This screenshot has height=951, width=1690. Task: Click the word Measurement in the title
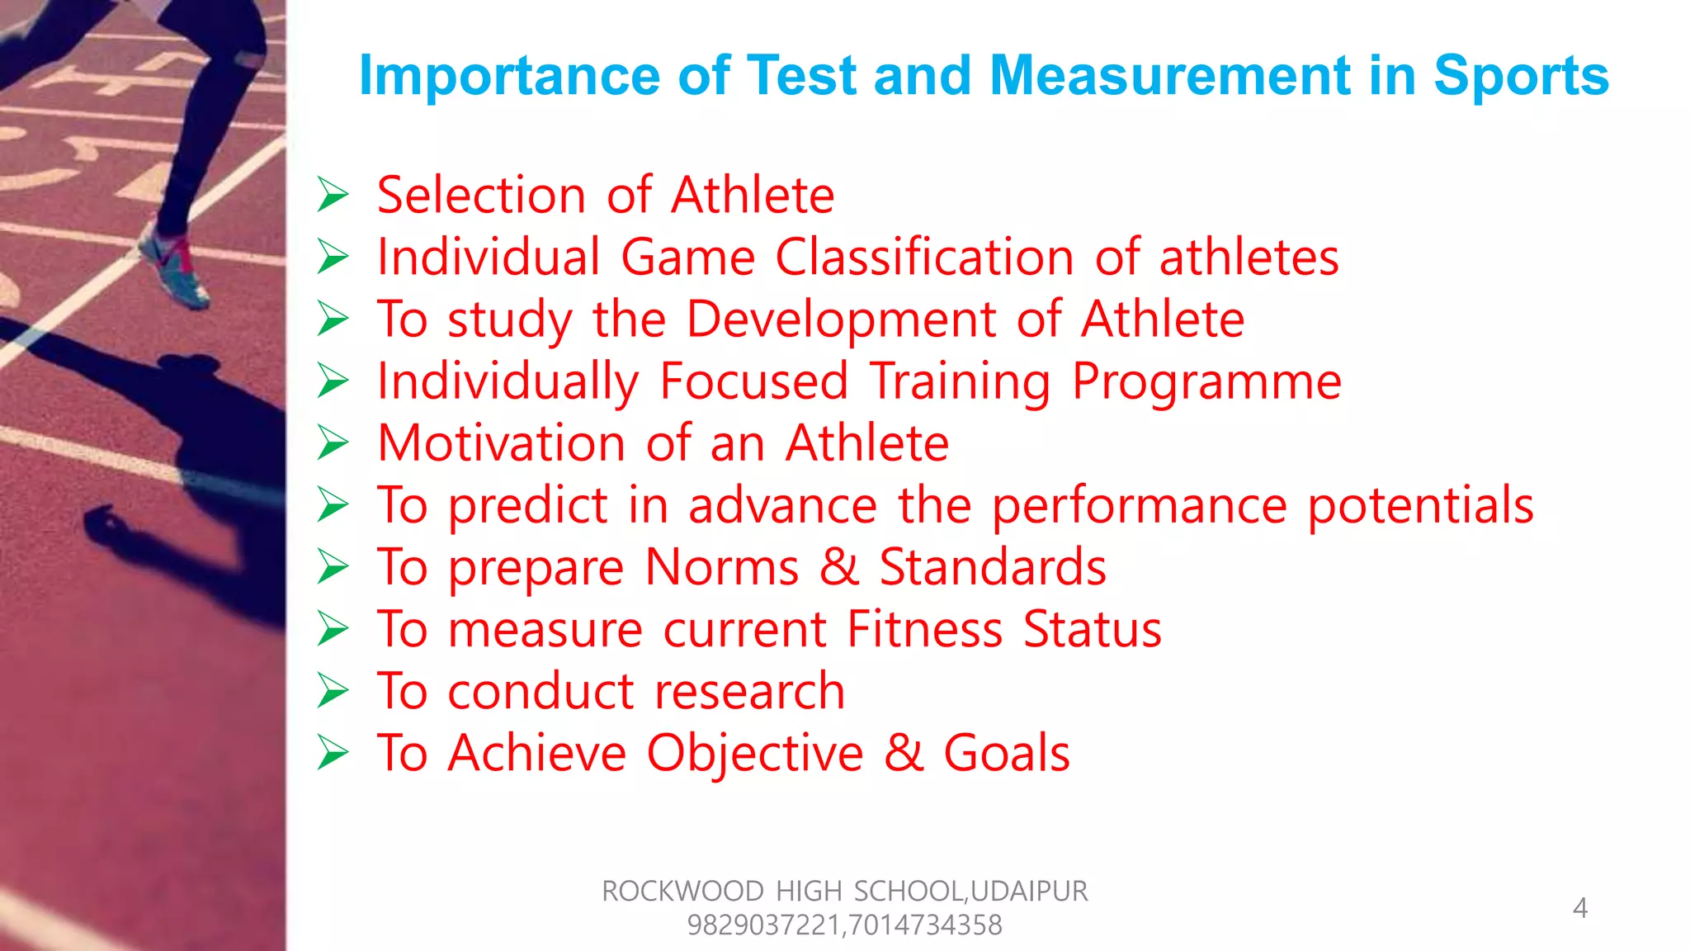[x=1170, y=76]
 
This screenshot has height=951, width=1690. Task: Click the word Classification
[x=924, y=258]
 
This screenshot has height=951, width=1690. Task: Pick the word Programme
[x=1206, y=381]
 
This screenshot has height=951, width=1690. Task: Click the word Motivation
[x=501, y=443]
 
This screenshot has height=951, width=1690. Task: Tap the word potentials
[x=1420, y=505]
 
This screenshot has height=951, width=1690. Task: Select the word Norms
[x=722, y=567]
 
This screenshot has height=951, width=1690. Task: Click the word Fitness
[x=925, y=629]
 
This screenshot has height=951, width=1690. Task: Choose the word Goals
[x=1006, y=753]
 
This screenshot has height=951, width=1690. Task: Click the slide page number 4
[x=1579, y=908]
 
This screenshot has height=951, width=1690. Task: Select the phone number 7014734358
[x=924, y=925]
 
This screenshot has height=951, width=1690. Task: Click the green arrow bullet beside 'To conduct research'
[x=333, y=691]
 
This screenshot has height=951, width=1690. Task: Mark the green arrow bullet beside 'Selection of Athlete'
[x=333, y=196]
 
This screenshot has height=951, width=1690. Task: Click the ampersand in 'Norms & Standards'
[x=839, y=567]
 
